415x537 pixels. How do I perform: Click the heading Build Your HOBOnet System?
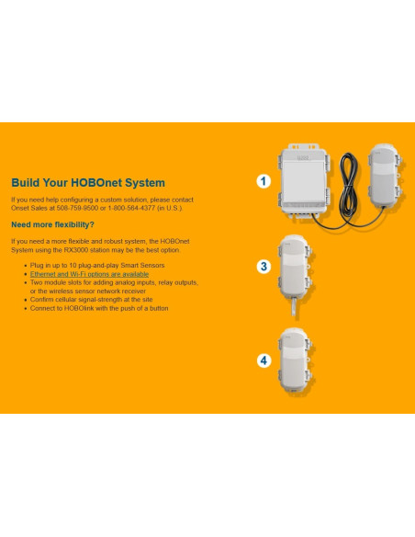coord(88,183)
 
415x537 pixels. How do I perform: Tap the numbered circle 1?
coord(264,181)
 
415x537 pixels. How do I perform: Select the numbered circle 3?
coord(264,267)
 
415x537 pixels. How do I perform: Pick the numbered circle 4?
coord(264,360)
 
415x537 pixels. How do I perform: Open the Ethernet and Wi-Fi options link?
coord(89,274)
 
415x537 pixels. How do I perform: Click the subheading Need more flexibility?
coord(52,224)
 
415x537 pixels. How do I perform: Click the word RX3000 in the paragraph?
coord(76,250)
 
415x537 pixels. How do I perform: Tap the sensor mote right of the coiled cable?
coord(385,176)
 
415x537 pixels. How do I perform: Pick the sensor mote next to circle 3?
coord(296,267)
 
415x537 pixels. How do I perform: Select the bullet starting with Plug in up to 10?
coord(97,266)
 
